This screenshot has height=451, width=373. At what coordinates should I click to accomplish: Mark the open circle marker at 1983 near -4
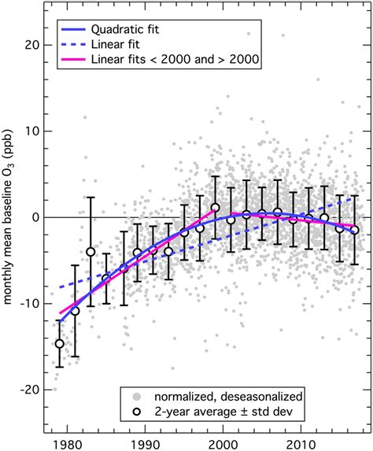90,252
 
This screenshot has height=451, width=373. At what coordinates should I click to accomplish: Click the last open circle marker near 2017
354,230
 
